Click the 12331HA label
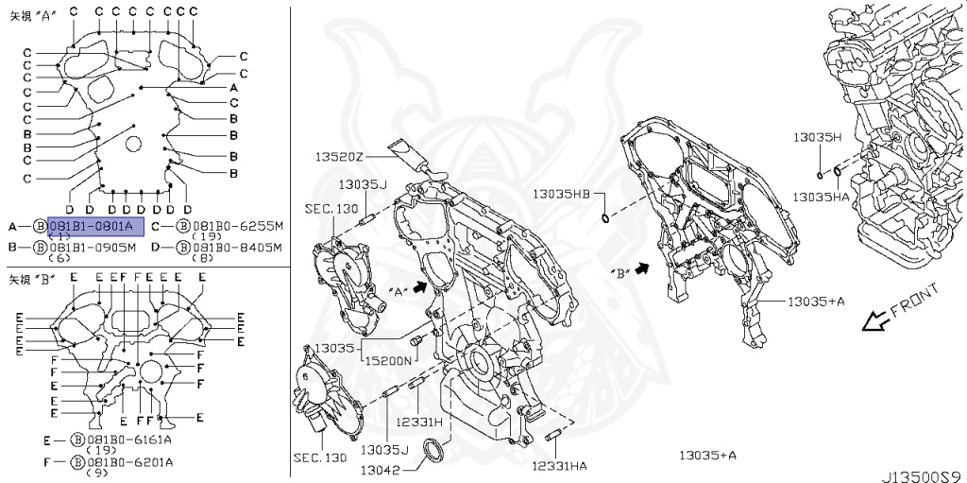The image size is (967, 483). tap(559, 466)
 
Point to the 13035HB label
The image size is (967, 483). tap(561, 193)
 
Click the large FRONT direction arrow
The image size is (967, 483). tap(877, 322)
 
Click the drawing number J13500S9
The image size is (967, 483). tap(921, 474)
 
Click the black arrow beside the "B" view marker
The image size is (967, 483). tap(645, 269)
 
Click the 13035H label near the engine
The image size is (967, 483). tap(817, 137)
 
